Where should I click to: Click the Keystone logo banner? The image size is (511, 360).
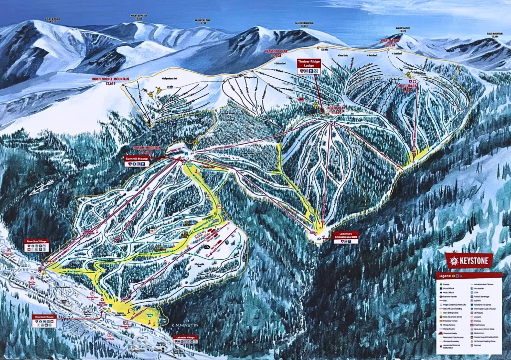[x=469, y=260]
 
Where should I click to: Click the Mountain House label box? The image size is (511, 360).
[x=44, y=320]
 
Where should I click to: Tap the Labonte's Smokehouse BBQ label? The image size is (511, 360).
[x=346, y=237]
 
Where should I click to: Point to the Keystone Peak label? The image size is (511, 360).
[x=276, y=53]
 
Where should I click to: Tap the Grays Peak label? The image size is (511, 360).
[x=52, y=20]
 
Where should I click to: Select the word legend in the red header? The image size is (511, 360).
[x=445, y=276]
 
